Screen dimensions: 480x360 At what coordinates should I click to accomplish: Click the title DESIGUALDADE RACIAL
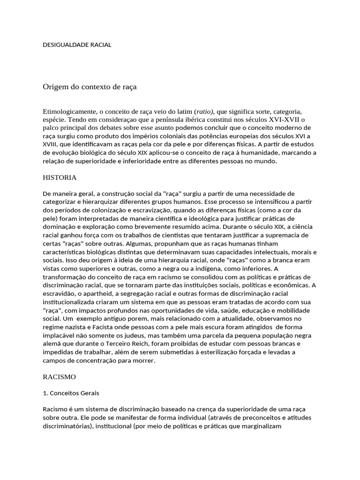(x=77, y=45)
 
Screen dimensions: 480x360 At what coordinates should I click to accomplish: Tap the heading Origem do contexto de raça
(x=90, y=87)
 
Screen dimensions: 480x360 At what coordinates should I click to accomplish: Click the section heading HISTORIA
(x=60, y=178)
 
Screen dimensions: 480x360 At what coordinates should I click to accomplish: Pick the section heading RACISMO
(x=59, y=376)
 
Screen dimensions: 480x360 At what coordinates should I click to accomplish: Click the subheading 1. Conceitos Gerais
(x=71, y=393)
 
